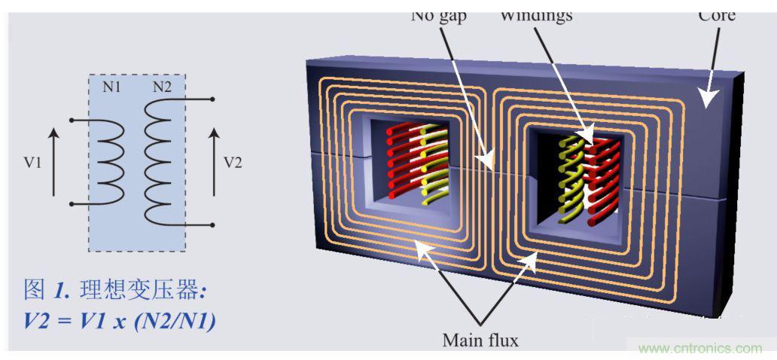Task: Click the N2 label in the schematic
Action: [x=162, y=87]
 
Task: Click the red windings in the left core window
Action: [x=402, y=158]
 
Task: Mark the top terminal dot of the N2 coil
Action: [x=214, y=99]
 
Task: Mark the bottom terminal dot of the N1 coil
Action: [x=70, y=204]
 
